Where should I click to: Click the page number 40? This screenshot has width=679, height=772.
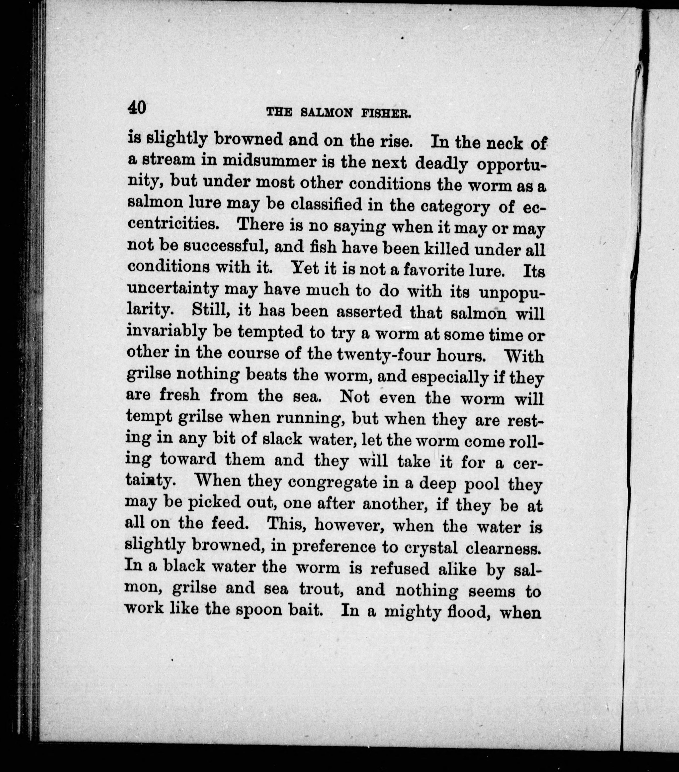pyautogui.click(x=136, y=108)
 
